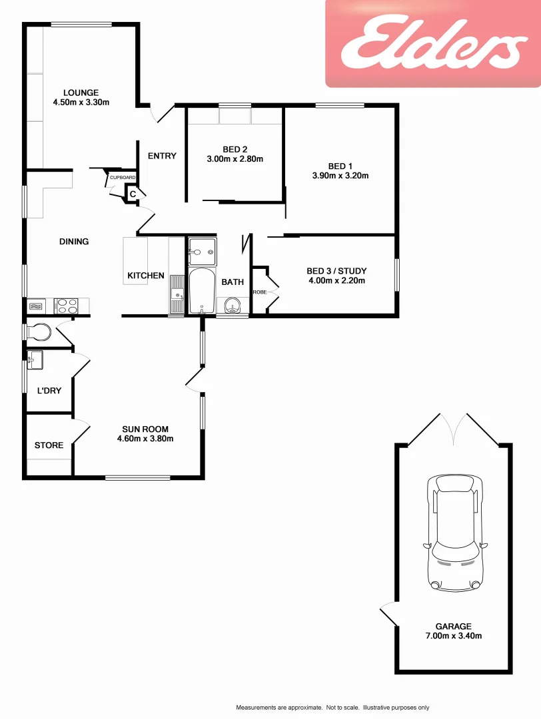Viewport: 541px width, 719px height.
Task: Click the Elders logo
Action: tap(432, 44)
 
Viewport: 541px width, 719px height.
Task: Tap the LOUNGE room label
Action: tap(81, 93)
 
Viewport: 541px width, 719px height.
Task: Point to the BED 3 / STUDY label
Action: tap(336, 271)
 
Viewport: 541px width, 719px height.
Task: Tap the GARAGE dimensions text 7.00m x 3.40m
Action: tap(454, 636)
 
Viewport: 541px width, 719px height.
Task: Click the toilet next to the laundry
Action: tap(38, 331)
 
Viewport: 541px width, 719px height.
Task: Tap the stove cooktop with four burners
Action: tap(66, 306)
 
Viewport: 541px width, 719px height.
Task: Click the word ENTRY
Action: tap(162, 156)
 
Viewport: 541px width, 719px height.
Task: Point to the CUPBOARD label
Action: tap(123, 178)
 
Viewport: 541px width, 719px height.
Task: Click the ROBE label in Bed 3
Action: tap(259, 292)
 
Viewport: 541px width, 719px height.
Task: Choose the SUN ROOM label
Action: tap(145, 429)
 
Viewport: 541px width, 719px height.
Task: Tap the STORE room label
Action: tap(49, 445)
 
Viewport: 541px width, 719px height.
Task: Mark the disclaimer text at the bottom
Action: tap(332, 707)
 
